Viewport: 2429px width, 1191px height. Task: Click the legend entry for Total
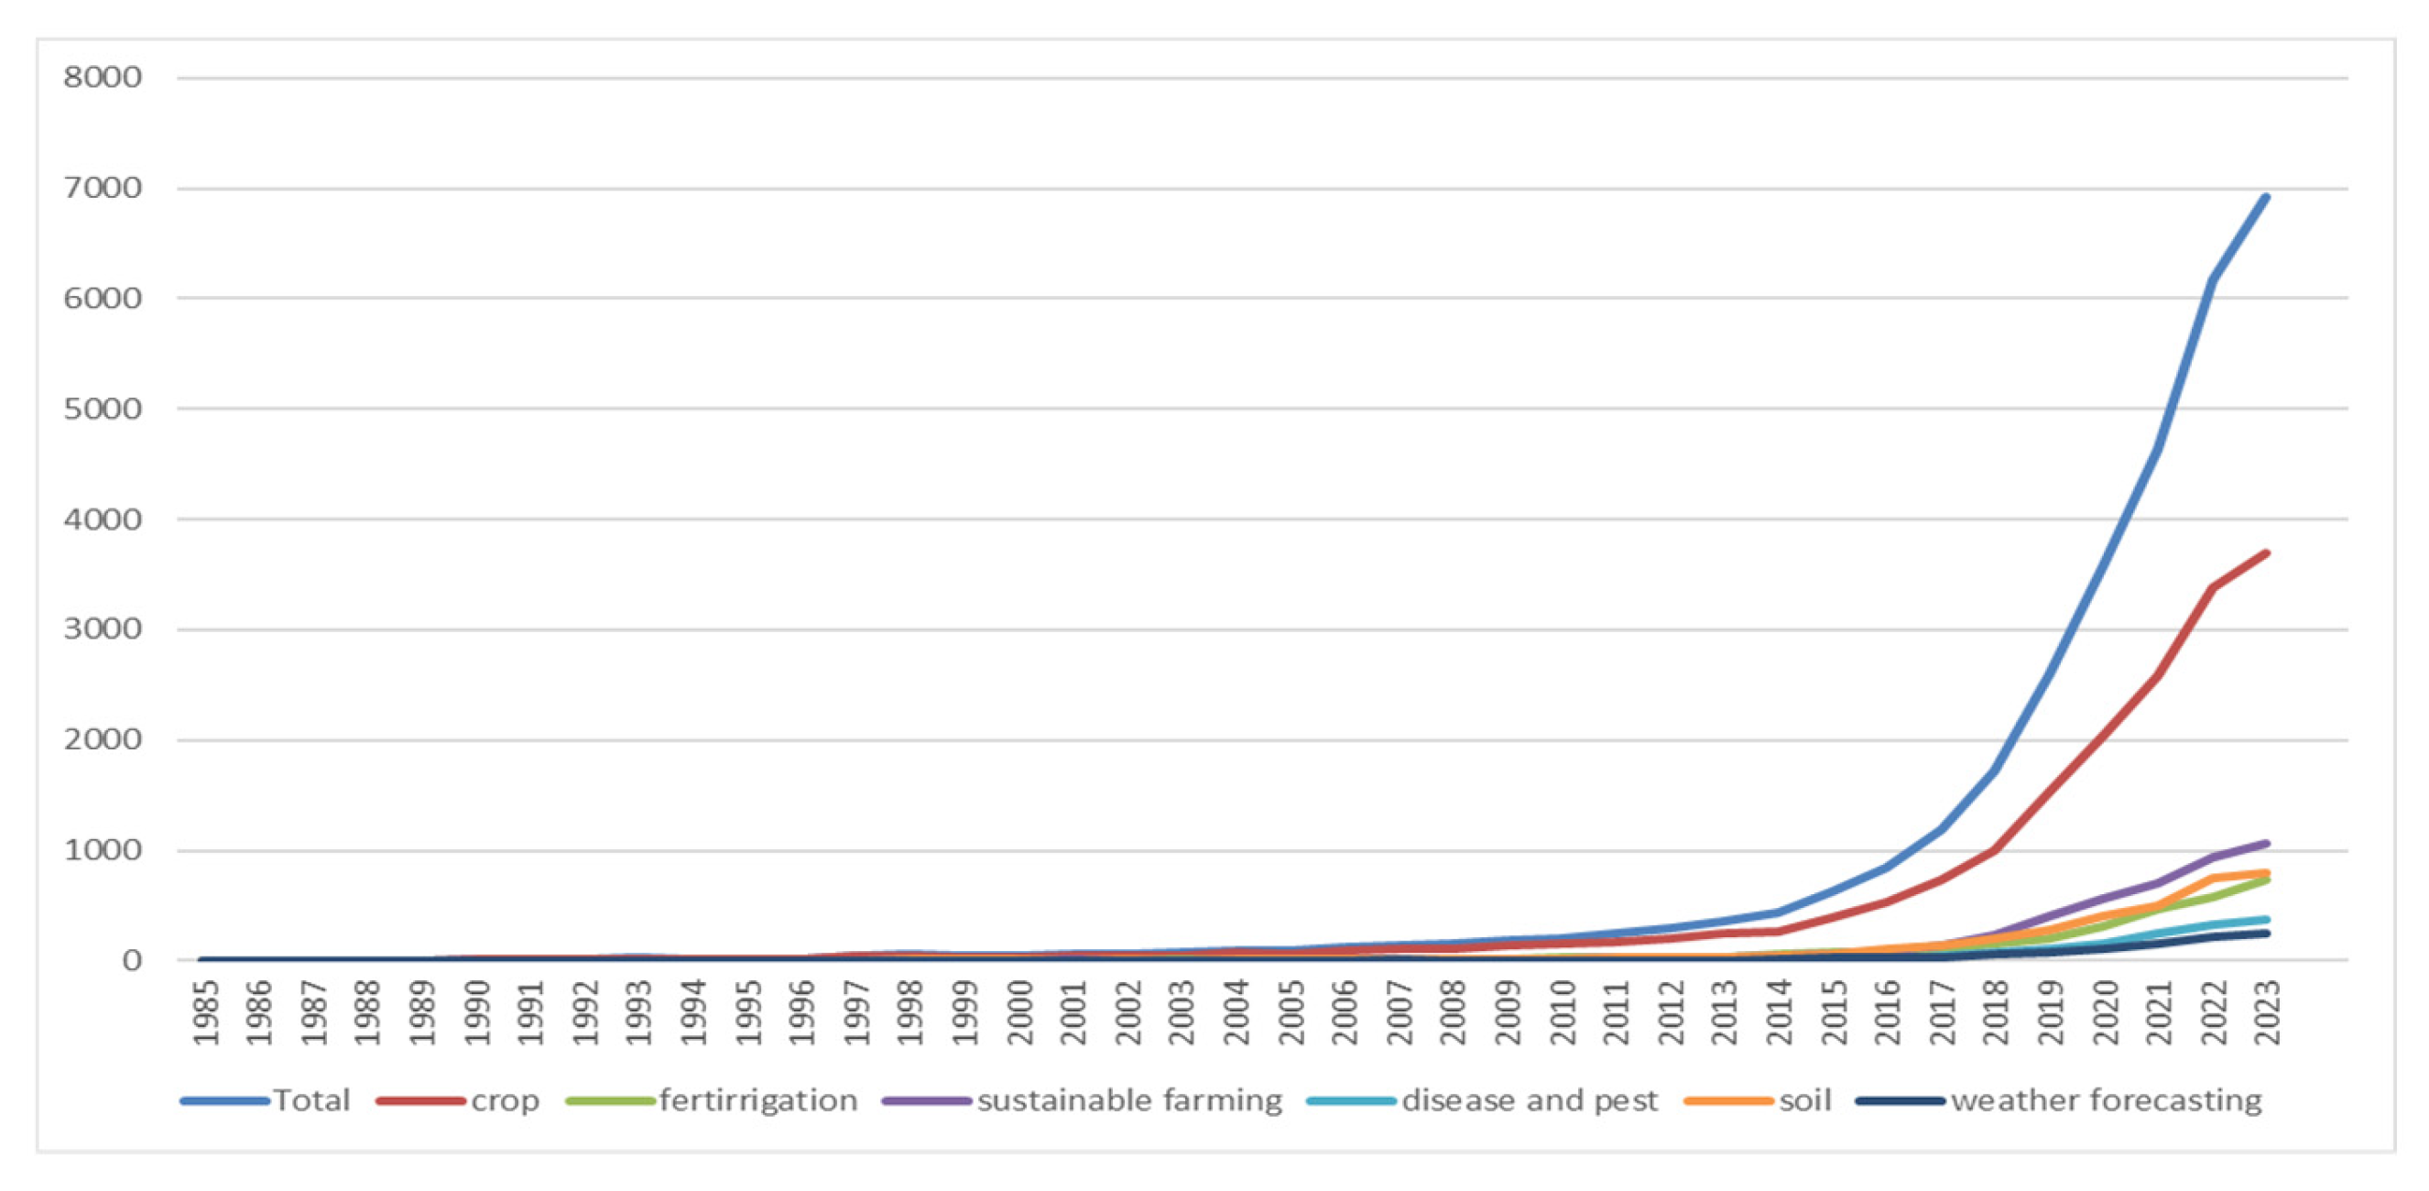coord(311,1100)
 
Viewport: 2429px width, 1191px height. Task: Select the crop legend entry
coord(505,1100)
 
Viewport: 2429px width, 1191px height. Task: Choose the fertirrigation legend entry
coord(758,1100)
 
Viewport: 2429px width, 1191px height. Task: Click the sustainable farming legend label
coord(1129,1100)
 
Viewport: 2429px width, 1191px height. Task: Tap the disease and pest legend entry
coord(1529,1100)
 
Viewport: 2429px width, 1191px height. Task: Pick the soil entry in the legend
coord(1804,1100)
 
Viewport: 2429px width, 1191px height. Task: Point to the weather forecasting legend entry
coord(2106,1100)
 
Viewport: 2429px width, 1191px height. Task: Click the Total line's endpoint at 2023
coord(2266,197)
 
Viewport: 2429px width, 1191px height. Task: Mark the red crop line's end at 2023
coord(2266,552)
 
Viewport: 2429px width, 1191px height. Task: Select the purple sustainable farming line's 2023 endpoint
coord(2266,843)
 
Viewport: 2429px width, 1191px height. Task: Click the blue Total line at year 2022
coord(2212,280)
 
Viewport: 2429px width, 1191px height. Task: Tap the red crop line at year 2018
coord(1995,849)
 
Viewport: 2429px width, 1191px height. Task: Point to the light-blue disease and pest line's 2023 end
coord(2266,920)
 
